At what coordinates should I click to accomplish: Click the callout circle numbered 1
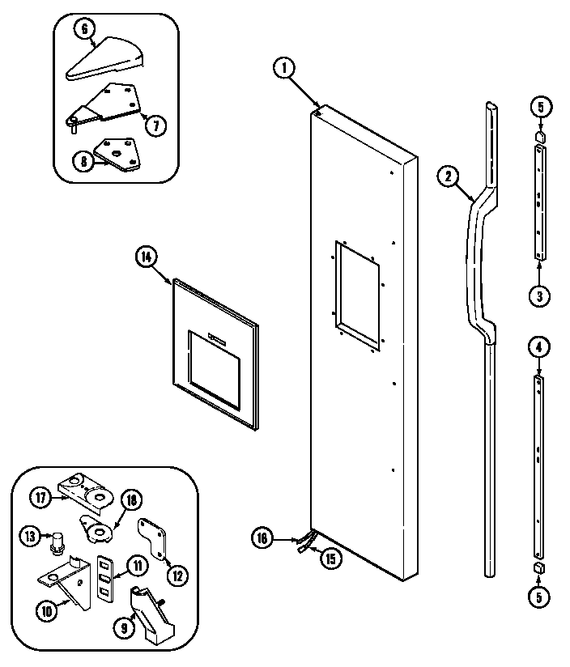[x=284, y=69]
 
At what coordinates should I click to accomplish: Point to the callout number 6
[x=83, y=28]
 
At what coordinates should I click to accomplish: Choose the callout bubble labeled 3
[x=539, y=295]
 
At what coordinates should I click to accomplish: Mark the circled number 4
[x=539, y=347]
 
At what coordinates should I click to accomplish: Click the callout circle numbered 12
[x=177, y=575]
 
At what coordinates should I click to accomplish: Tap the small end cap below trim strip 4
[x=538, y=570]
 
